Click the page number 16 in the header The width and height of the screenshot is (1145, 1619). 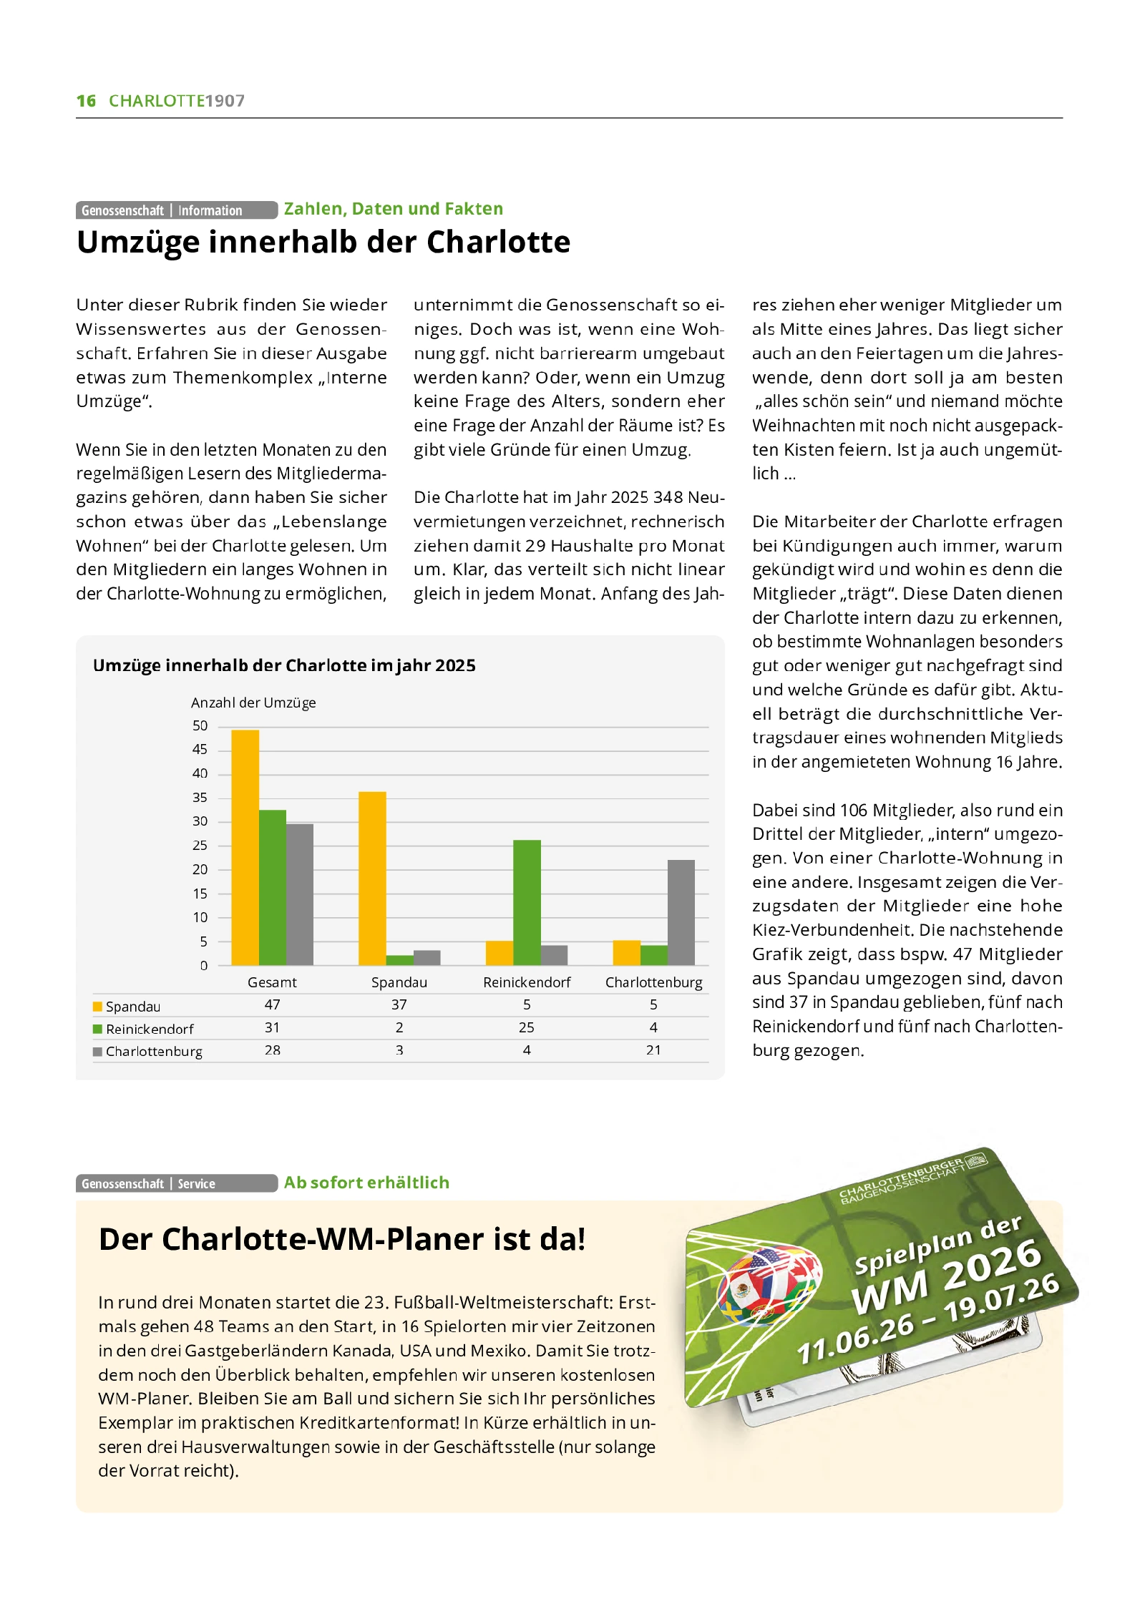pos(86,101)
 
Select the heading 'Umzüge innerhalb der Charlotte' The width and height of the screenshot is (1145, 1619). pos(323,242)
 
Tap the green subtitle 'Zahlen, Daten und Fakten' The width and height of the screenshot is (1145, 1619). pos(393,209)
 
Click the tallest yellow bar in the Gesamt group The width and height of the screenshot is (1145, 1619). pos(245,847)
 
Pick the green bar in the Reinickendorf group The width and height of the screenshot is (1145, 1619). pos(527,902)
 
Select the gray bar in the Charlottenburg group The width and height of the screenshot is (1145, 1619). pos(681,912)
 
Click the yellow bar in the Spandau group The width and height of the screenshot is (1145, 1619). pos(372,878)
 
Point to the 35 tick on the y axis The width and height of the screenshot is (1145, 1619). pos(200,797)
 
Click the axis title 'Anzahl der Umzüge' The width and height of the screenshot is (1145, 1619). pos(253,703)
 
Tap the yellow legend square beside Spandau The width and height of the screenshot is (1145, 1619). pos(97,1007)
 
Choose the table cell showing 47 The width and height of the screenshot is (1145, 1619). pos(272,1004)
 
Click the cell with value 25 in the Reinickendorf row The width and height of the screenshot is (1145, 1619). pos(527,1027)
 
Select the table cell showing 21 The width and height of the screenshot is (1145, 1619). pos(653,1050)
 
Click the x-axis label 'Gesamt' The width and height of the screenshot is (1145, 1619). pos(272,982)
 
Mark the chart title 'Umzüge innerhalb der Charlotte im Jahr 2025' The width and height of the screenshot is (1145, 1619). pos(284,665)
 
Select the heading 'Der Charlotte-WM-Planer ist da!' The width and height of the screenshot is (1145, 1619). pos(342,1239)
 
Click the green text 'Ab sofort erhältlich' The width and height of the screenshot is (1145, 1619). pos(366,1183)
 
